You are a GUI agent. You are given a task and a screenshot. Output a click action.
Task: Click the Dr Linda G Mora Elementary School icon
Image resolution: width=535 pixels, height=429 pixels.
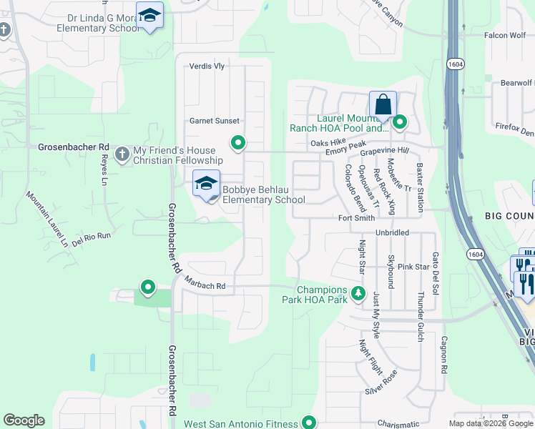tap(150, 16)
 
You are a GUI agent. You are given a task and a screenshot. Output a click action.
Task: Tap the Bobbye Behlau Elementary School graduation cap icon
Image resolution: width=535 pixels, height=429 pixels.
tap(206, 184)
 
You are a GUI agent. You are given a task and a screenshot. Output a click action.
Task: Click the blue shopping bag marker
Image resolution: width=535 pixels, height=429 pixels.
tap(383, 104)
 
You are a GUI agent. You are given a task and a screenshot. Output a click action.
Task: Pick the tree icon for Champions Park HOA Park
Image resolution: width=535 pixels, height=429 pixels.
tap(358, 293)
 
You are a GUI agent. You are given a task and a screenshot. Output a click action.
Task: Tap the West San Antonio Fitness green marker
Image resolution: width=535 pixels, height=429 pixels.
tap(310, 423)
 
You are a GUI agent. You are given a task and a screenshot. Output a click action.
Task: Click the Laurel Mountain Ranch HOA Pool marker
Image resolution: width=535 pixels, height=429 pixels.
tap(399, 123)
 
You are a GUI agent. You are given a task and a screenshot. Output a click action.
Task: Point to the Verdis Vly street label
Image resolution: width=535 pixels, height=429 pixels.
tap(207, 66)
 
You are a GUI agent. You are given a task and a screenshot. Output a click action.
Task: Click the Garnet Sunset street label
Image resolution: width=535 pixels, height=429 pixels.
tap(214, 121)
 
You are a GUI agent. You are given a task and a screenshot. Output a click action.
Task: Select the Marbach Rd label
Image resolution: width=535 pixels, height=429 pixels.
tap(205, 285)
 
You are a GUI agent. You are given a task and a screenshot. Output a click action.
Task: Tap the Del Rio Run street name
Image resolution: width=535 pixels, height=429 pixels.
tap(92, 235)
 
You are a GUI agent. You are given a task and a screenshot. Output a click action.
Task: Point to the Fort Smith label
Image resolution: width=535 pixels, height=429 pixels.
tap(355, 218)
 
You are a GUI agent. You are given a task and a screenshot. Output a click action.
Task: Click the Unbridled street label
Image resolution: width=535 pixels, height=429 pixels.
tap(392, 233)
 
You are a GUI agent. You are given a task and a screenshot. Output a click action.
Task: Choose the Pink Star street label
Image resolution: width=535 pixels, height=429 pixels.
tap(413, 266)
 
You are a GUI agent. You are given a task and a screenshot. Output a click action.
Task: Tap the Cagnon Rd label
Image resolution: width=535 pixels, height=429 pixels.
tap(444, 355)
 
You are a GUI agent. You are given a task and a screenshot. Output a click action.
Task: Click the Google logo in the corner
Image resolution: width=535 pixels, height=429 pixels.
tap(24, 420)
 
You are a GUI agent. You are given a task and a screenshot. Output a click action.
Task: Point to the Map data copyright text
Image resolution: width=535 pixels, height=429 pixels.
tap(490, 423)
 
